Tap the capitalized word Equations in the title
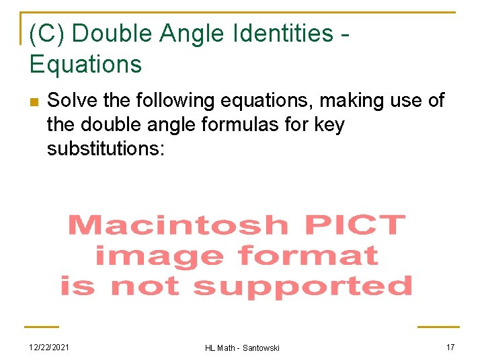click(x=85, y=64)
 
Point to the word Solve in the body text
click(x=68, y=101)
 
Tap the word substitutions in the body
click(x=106, y=148)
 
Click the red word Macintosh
click(x=177, y=225)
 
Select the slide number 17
click(x=450, y=347)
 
